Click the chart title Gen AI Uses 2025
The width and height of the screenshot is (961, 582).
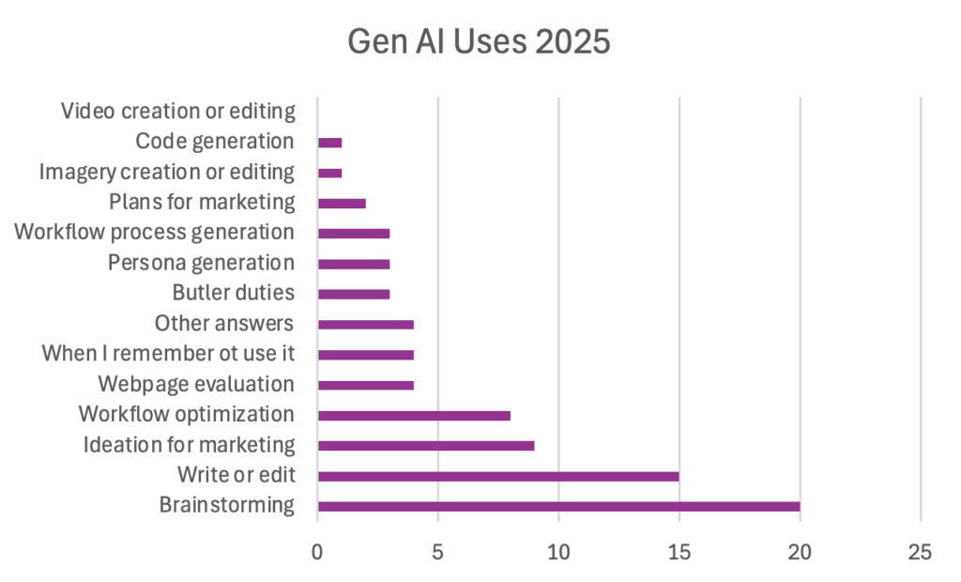click(x=479, y=41)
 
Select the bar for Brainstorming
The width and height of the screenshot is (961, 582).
click(x=558, y=507)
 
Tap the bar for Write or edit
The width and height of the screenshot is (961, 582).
click(x=498, y=476)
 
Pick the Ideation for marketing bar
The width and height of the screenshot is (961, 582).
click(x=426, y=445)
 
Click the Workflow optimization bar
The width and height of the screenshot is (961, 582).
click(x=414, y=415)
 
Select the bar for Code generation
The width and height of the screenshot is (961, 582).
click(x=329, y=143)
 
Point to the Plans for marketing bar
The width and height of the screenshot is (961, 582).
click(x=342, y=203)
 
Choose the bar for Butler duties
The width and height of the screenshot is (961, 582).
click(x=354, y=294)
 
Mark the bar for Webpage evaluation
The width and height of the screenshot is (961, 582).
click(x=366, y=385)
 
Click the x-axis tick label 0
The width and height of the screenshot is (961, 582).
click(x=317, y=552)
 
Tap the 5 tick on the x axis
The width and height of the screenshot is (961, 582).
click(x=438, y=552)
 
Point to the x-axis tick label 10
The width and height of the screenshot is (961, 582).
click(x=558, y=552)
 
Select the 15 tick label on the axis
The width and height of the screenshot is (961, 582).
click(x=679, y=552)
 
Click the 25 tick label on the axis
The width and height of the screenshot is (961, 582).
click(x=920, y=552)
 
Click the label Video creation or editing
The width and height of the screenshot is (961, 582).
click(x=177, y=111)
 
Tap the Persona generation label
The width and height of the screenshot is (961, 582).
click(x=201, y=263)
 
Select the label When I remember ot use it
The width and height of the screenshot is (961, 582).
click(x=168, y=354)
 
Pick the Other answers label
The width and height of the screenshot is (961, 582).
click(x=223, y=324)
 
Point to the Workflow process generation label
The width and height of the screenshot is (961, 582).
click(x=154, y=232)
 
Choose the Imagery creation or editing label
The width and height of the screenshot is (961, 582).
click(x=166, y=172)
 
